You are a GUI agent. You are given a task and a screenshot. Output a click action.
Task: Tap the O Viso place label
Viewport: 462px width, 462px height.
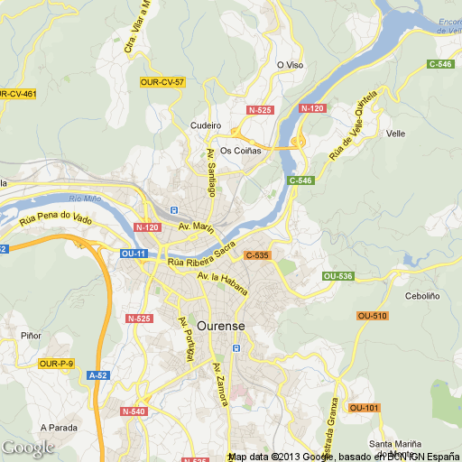(x=290, y=65)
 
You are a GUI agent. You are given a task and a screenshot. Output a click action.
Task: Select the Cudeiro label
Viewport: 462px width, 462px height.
(x=206, y=125)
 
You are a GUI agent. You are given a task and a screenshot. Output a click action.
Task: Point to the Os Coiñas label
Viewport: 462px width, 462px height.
(x=240, y=151)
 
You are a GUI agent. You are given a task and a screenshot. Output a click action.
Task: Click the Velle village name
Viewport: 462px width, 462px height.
(x=395, y=134)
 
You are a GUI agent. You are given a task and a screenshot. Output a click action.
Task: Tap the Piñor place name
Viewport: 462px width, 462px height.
(x=31, y=336)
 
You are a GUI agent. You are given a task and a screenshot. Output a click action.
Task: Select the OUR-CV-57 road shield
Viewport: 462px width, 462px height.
(x=162, y=82)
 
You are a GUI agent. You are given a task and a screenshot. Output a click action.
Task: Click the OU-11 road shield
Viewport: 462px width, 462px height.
(x=134, y=254)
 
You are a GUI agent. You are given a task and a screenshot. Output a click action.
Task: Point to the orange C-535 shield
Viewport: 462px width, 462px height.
(x=256, y=255)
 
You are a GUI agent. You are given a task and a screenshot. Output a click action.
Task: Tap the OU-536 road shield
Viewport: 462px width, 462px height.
(x=337, y=275)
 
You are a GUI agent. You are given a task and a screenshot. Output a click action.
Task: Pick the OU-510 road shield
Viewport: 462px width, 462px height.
(x=372, y=315)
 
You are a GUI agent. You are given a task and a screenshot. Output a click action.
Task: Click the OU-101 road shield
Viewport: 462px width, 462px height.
(x=365, y=408)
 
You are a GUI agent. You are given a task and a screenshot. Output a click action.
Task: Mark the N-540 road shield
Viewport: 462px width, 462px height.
(x=133, y=411)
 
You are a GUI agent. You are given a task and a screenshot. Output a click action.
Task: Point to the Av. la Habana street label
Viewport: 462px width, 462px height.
(x=221, y=280)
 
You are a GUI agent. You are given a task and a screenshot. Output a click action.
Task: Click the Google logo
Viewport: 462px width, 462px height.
(x=27, y=447)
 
